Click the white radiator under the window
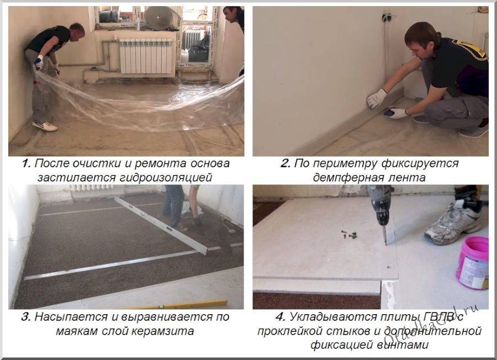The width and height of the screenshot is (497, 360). coord(146,56)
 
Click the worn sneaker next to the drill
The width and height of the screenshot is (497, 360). coord(453,221)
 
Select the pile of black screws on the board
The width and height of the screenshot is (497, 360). coord(350,235)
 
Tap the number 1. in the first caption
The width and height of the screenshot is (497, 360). coord(26,163)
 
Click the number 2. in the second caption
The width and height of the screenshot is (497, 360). coord(285,163)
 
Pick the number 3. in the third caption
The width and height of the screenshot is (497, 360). coord(26,317)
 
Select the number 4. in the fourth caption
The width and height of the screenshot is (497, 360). coord(281,317)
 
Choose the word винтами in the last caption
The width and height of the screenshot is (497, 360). coord(403,345)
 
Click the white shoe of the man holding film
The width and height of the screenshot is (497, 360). coord(45,126)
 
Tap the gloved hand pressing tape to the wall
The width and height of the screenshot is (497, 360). coord(377,98)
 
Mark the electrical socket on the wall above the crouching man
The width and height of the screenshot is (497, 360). coord(386,17)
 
